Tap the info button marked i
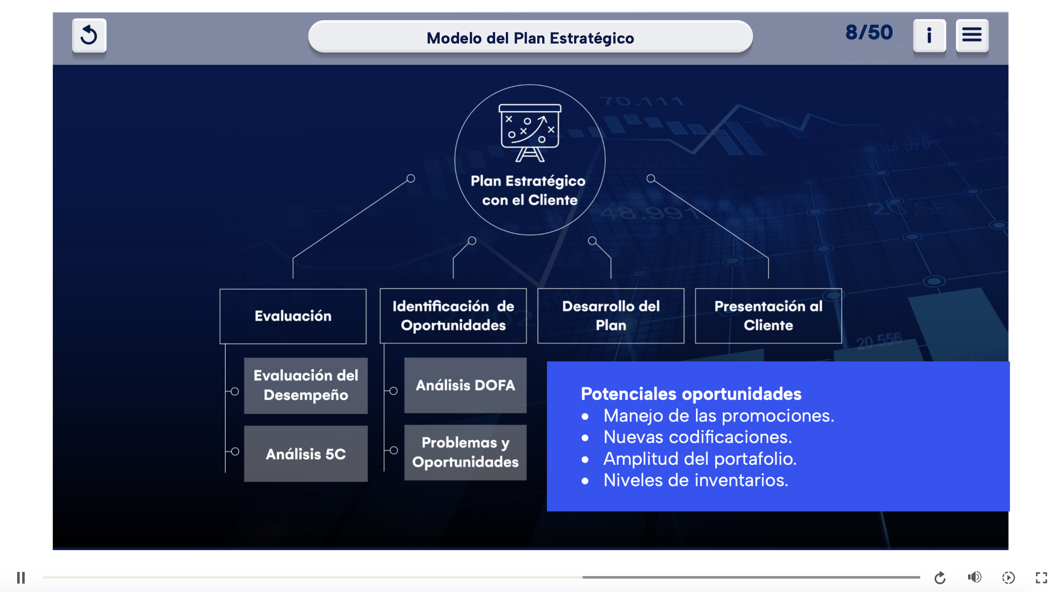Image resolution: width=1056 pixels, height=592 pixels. (x=929, y=36)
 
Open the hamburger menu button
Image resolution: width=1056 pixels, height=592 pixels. (x=972, y=36)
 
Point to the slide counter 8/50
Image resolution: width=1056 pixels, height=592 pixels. (x=869, y=32)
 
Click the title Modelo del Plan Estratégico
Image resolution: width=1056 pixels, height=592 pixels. (x=530, y=38)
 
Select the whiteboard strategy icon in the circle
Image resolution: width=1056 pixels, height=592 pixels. (x=530, y=132)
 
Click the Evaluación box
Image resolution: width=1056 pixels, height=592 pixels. (x=293, y=316)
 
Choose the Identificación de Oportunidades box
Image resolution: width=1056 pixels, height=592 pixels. (x=453, y=316)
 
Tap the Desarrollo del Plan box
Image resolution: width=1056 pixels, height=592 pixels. (x=611, y=316)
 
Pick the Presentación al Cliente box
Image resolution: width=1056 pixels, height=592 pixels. (x=768, y=316)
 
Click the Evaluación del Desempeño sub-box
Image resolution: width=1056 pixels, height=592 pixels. (x=306, y=386)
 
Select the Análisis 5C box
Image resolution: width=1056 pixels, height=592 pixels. (x=306, y=454)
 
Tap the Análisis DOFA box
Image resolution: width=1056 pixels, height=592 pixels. (x=465, y=385)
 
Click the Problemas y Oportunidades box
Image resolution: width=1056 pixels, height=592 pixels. (x=465, y=453)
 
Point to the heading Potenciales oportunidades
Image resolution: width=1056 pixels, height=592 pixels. (x=691, y=394)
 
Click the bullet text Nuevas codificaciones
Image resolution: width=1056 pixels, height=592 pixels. (x=698, y=437)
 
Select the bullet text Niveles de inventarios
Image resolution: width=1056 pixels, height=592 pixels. (x=695, y=480)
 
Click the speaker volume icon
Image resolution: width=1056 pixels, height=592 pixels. (x=974, y=577)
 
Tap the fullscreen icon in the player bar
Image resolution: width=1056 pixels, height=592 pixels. (x=1041, y=578)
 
